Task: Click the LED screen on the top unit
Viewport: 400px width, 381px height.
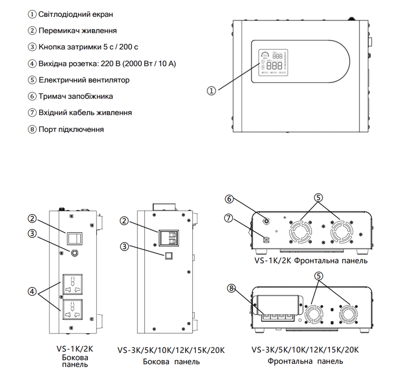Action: [273, 62]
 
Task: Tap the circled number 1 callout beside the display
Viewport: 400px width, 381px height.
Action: [211, 91]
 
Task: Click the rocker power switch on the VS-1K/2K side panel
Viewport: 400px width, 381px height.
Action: [74, 238]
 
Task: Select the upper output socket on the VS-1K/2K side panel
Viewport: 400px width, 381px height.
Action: [72, 284]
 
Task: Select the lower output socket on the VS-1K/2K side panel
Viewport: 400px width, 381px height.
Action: [72, 309]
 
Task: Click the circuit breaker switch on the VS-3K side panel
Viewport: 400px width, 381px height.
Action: [169, 238]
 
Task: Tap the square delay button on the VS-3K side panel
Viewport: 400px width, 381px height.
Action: [169, 256]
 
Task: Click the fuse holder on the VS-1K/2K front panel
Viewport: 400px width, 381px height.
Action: [266, 221]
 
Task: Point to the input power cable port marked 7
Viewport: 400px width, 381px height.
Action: [266, 240]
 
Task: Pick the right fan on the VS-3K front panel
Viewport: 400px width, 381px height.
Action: [348, 314]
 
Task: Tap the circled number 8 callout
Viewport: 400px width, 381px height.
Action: [231, 288]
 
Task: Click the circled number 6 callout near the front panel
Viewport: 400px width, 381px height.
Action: [229, 199]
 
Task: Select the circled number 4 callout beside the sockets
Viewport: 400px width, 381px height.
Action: [32, 291]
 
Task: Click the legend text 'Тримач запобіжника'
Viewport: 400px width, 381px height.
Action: [76, 97]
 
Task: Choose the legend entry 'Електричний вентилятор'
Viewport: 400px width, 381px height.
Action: [84, 80]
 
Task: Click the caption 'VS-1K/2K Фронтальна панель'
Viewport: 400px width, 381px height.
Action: [311, 261]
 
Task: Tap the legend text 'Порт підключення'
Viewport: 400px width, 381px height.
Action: [71, 129]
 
